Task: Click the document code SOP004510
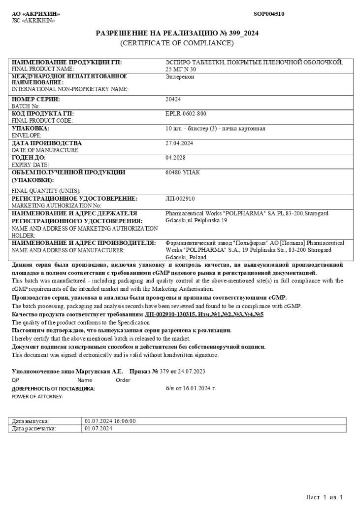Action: click(268, 14)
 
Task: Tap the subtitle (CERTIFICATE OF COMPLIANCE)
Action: click(177, 43)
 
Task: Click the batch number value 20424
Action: click(173, 99)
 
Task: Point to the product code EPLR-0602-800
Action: click(186, 114)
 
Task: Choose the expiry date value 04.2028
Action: click(175, 158)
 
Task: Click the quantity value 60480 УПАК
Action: click(183, 172)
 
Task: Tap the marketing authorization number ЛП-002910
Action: click(180, 199)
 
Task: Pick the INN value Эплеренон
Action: click(180, 77)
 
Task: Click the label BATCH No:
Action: click(26, 106)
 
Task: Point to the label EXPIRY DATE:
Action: click(31, 165)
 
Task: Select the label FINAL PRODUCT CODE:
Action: click(42, 120)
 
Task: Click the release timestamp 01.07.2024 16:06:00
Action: click(110, 421)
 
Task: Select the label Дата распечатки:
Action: click(34, 429)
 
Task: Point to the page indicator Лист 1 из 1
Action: click(324, 497)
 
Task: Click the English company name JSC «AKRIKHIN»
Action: click(33, 21)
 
